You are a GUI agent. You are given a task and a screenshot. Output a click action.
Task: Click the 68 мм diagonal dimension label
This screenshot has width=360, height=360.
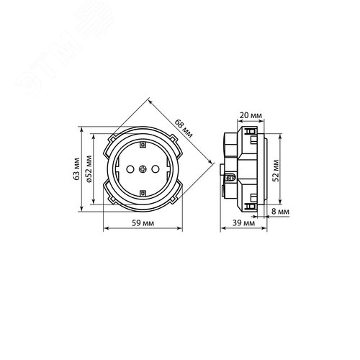(x=184, y=128)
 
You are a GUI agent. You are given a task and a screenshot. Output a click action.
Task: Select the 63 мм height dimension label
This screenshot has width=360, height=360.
(x=77, y=169)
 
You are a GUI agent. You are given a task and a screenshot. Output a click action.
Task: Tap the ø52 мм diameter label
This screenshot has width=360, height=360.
(x=89, y=169)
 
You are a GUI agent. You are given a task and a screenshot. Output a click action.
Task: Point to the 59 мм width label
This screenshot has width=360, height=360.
(x=143, y=223)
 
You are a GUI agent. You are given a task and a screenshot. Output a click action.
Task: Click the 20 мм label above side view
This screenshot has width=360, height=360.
(x=251, y=115)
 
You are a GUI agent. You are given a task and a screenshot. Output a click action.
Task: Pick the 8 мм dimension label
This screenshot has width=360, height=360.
(x=280, y=212)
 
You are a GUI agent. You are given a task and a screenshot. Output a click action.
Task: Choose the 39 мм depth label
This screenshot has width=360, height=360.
(x=243, y=223)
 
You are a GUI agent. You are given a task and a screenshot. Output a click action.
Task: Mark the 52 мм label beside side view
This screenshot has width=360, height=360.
(x=276, y=171)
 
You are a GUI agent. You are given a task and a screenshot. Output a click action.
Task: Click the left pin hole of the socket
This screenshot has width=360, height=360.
(x=130, y=169)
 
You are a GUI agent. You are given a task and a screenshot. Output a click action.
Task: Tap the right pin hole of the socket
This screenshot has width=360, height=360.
(x=156, y=169)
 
